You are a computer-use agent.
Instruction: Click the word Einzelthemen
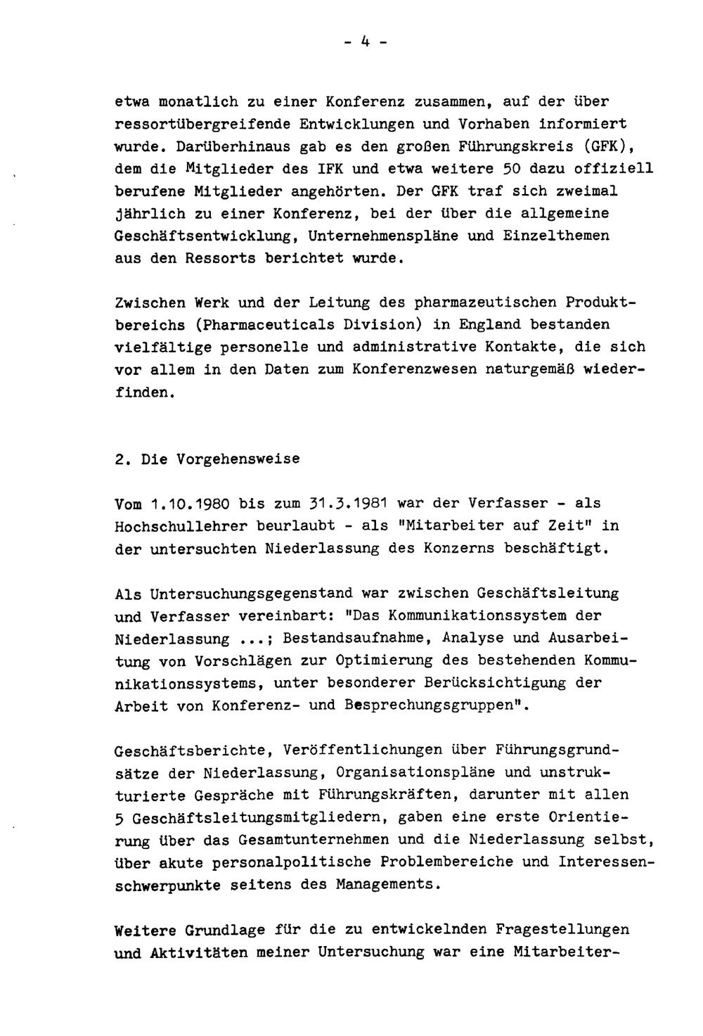coord(556,236)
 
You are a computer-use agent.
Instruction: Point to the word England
coord(491,325)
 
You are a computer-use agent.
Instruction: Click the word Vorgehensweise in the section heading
coord(220,459)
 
